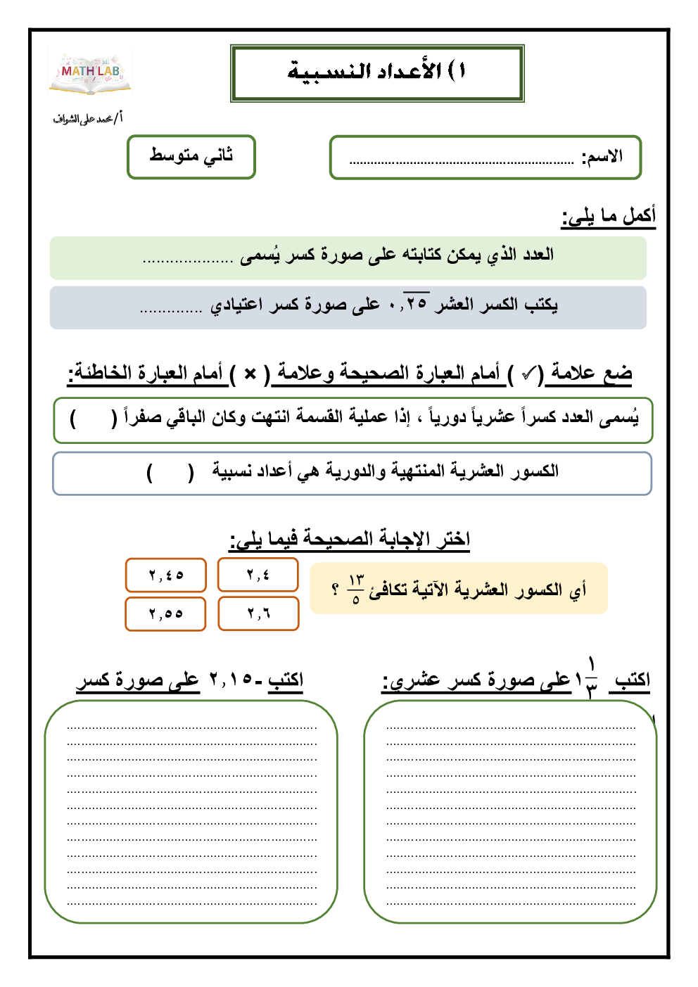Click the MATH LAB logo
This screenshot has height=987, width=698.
tap(90, 72)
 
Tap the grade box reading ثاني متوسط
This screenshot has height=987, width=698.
tap(191, 156)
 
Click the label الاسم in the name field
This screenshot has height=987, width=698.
tap(602, 157)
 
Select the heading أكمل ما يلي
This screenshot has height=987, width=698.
tap(609, 215)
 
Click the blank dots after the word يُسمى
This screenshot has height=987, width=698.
tap(187, 260)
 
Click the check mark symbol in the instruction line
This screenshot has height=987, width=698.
tap(529, 374)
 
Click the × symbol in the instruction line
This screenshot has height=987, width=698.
tap(250, 374)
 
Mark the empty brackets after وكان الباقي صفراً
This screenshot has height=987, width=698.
tap(94, 419)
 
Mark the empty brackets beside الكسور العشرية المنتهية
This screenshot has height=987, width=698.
tap(170, 472)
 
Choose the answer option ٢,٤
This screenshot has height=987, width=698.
tap(258, 575)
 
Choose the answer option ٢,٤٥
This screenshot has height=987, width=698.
tap(166, 575)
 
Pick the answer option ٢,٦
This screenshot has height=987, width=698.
tap(258, 613)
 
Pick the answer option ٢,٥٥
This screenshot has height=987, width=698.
tap(166, 614)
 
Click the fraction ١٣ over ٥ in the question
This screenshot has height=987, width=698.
tap(356, 589)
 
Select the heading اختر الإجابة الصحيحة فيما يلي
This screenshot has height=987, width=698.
tap(350, 540)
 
